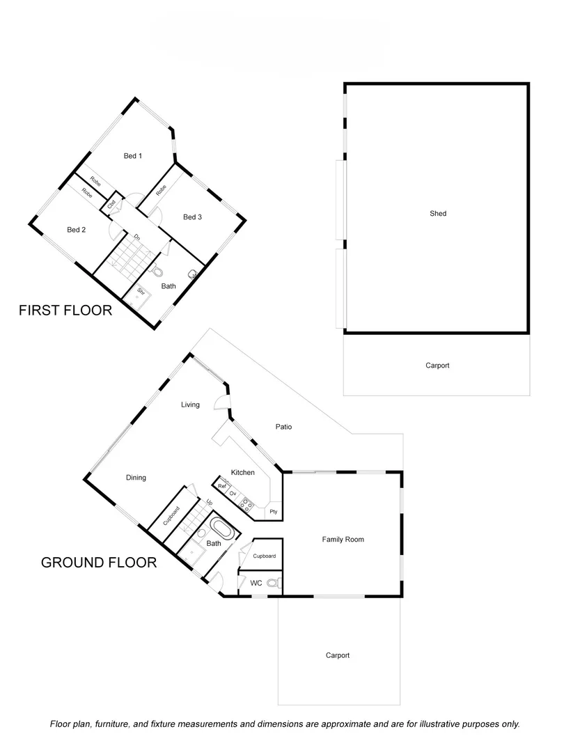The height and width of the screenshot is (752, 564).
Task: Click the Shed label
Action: click(438, 214)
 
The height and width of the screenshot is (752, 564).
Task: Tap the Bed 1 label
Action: click(133, 156)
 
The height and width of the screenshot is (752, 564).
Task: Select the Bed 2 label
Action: click(77, 230)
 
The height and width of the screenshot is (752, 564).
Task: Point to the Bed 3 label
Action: click(192, 217)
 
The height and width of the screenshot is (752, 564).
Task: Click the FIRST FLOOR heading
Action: click(65, 311)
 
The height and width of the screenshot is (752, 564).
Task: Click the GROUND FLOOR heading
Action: click(99, 562)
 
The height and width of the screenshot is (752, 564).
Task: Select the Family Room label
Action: click(343, 540)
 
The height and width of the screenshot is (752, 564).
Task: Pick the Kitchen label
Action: click(243, 473)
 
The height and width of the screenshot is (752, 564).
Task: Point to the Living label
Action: click(190, 405)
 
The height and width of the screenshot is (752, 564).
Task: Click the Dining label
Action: click(136, 478)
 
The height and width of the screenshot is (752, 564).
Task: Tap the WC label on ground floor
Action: click(256, 583)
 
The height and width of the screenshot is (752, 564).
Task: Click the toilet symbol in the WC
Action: click(273, 583)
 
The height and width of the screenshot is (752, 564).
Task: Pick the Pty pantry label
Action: click(274, 511)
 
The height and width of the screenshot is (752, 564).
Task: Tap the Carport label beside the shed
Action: click(438, 366)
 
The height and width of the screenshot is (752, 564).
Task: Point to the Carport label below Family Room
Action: click(338, 655)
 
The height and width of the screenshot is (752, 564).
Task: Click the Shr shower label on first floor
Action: click(141, 291)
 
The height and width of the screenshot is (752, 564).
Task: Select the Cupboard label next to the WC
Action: click(265, 556)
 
